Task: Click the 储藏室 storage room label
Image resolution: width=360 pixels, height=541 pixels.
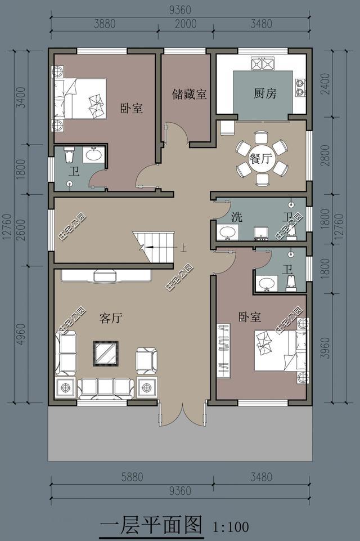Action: (x=190, y=94)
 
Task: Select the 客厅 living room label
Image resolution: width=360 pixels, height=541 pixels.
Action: (x=111, y=318)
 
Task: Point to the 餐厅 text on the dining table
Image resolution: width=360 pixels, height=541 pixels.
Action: (x=261, y=158)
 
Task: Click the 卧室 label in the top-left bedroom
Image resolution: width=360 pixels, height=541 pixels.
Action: (x=132, y=108)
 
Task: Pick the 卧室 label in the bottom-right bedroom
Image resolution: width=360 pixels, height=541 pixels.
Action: (x=249, y=317)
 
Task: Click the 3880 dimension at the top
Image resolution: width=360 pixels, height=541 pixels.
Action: (x=103, y=24)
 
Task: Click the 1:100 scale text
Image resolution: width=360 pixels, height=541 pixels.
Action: (x=231, y=527)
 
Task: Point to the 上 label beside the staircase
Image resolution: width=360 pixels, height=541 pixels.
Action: (x=183, y=247)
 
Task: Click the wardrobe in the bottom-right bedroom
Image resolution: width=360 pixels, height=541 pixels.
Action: (x=224, y=350)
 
